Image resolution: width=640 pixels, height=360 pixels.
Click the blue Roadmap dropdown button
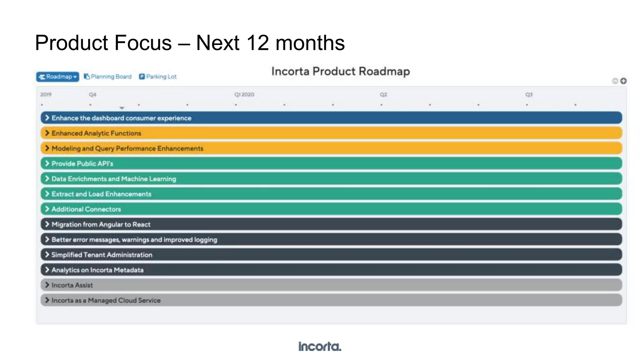(57, 77)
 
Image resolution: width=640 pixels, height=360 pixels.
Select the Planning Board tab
(108, 77)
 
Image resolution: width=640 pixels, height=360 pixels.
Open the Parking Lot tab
(158, 77)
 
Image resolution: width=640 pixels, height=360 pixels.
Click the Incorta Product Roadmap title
(340, 71)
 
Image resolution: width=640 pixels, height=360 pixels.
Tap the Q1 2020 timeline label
(244, 94)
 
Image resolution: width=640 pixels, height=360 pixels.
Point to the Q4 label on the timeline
(92, 94)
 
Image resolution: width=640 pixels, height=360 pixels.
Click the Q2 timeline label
(383, 94)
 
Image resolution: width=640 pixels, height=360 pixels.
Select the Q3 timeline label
(529, 94)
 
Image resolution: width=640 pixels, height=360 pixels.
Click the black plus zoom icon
(623, 81)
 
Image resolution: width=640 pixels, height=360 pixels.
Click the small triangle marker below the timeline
(122, 108)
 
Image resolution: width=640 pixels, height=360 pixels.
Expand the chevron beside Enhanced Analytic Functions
(47, 133)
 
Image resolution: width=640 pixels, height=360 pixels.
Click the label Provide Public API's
(82, 164)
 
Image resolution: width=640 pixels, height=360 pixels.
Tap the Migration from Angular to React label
(101, 224)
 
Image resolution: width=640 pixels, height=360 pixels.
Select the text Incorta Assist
(72, 285)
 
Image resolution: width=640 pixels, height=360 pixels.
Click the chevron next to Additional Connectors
(47, 209)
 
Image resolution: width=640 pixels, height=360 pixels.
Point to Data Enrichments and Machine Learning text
(114, 179)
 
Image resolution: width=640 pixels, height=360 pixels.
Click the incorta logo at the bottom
(320, 346)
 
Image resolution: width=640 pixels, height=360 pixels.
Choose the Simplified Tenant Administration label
(102, 255)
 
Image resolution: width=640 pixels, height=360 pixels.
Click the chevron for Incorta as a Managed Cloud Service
(47, 300)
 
